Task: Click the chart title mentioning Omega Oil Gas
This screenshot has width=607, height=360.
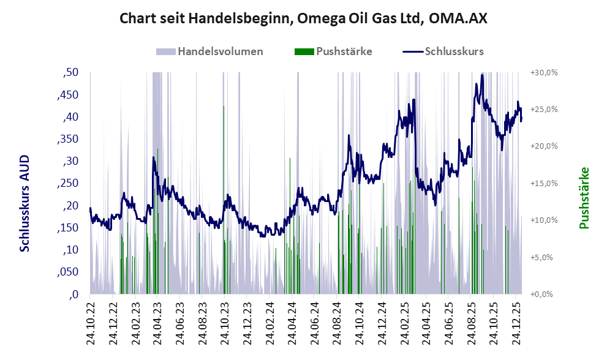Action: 303,18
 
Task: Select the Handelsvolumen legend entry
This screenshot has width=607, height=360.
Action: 221,51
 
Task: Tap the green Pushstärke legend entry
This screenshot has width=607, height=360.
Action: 344,51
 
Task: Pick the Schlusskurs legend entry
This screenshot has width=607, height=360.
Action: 454,51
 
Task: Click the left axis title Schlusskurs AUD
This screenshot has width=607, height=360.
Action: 25,203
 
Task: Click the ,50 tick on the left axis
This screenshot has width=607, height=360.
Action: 70,73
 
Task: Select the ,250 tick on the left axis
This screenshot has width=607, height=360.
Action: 67,183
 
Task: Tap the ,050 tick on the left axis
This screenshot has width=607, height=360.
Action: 67,272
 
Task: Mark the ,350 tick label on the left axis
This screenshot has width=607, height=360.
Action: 67,139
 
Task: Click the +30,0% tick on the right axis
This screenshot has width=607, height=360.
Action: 543,73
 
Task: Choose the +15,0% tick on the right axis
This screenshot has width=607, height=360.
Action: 543,184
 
